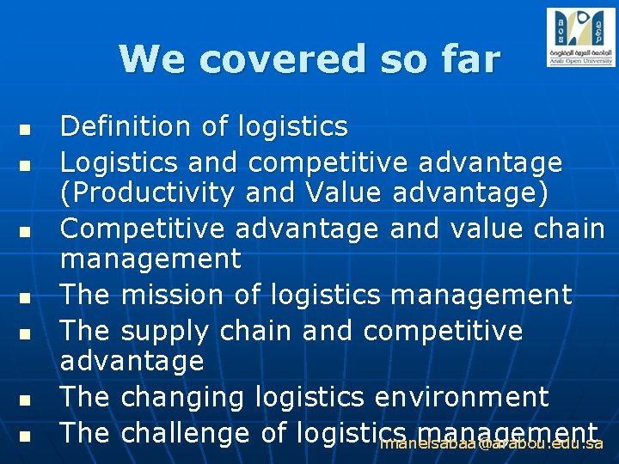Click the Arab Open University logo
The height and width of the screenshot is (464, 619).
click(x=580, y=38)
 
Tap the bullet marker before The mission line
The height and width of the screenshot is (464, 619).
click(x=25, y=299)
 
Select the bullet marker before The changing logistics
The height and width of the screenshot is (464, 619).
click(x=25, y=401)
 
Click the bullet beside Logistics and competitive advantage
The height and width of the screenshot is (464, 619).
click(x=25, y=163)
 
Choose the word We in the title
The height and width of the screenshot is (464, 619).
click(x=144, y=59)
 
